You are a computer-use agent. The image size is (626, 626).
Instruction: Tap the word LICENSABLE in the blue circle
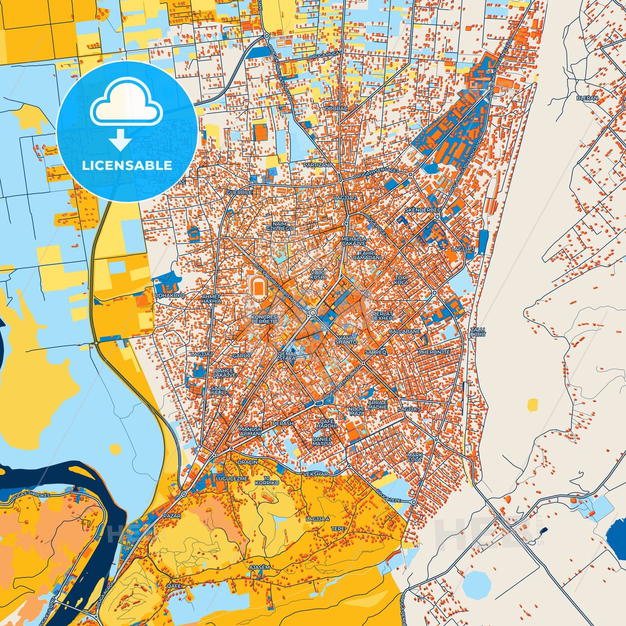[127, 165]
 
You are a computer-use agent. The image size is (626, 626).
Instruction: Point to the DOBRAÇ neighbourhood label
[336, 109]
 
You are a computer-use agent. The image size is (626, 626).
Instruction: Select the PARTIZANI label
[317, 165]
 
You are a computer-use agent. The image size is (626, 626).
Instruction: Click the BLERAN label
[587, 98]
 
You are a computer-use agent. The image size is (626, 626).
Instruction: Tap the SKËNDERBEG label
[423, 210]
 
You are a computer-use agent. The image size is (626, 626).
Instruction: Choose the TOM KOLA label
[401, 280]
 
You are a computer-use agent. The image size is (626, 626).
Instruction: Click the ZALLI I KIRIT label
[478, 332]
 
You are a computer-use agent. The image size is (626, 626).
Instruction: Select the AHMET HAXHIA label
[211, 299]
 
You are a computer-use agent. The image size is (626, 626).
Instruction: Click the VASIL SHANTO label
[346, 340]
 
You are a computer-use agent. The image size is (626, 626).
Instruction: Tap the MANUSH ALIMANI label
[250, 431]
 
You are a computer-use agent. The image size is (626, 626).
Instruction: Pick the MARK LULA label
[415, 457]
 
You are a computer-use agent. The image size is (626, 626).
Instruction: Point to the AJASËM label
[259, 567]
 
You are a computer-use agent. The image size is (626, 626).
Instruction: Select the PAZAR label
[172, 516]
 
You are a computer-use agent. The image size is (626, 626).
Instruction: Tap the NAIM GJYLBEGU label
[279, 226]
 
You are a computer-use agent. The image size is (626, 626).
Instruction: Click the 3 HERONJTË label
[434, 352]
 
